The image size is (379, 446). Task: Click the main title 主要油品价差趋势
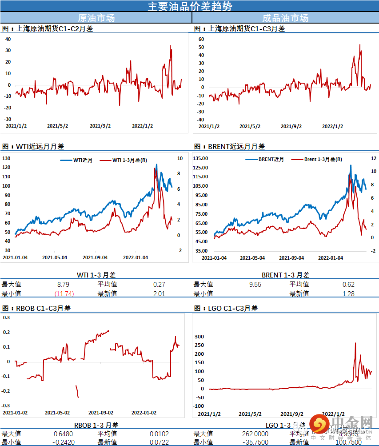point(190,6)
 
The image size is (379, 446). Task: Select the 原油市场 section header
point(96,18)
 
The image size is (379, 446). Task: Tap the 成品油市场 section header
point(285,18)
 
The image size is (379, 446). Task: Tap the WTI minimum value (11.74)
point(64,293)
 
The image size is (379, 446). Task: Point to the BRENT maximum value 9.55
point(255,284)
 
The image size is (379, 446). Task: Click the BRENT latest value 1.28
point(348,293)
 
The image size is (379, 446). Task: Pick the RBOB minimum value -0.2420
point(63,442)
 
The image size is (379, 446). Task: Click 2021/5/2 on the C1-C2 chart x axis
point(58,126)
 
